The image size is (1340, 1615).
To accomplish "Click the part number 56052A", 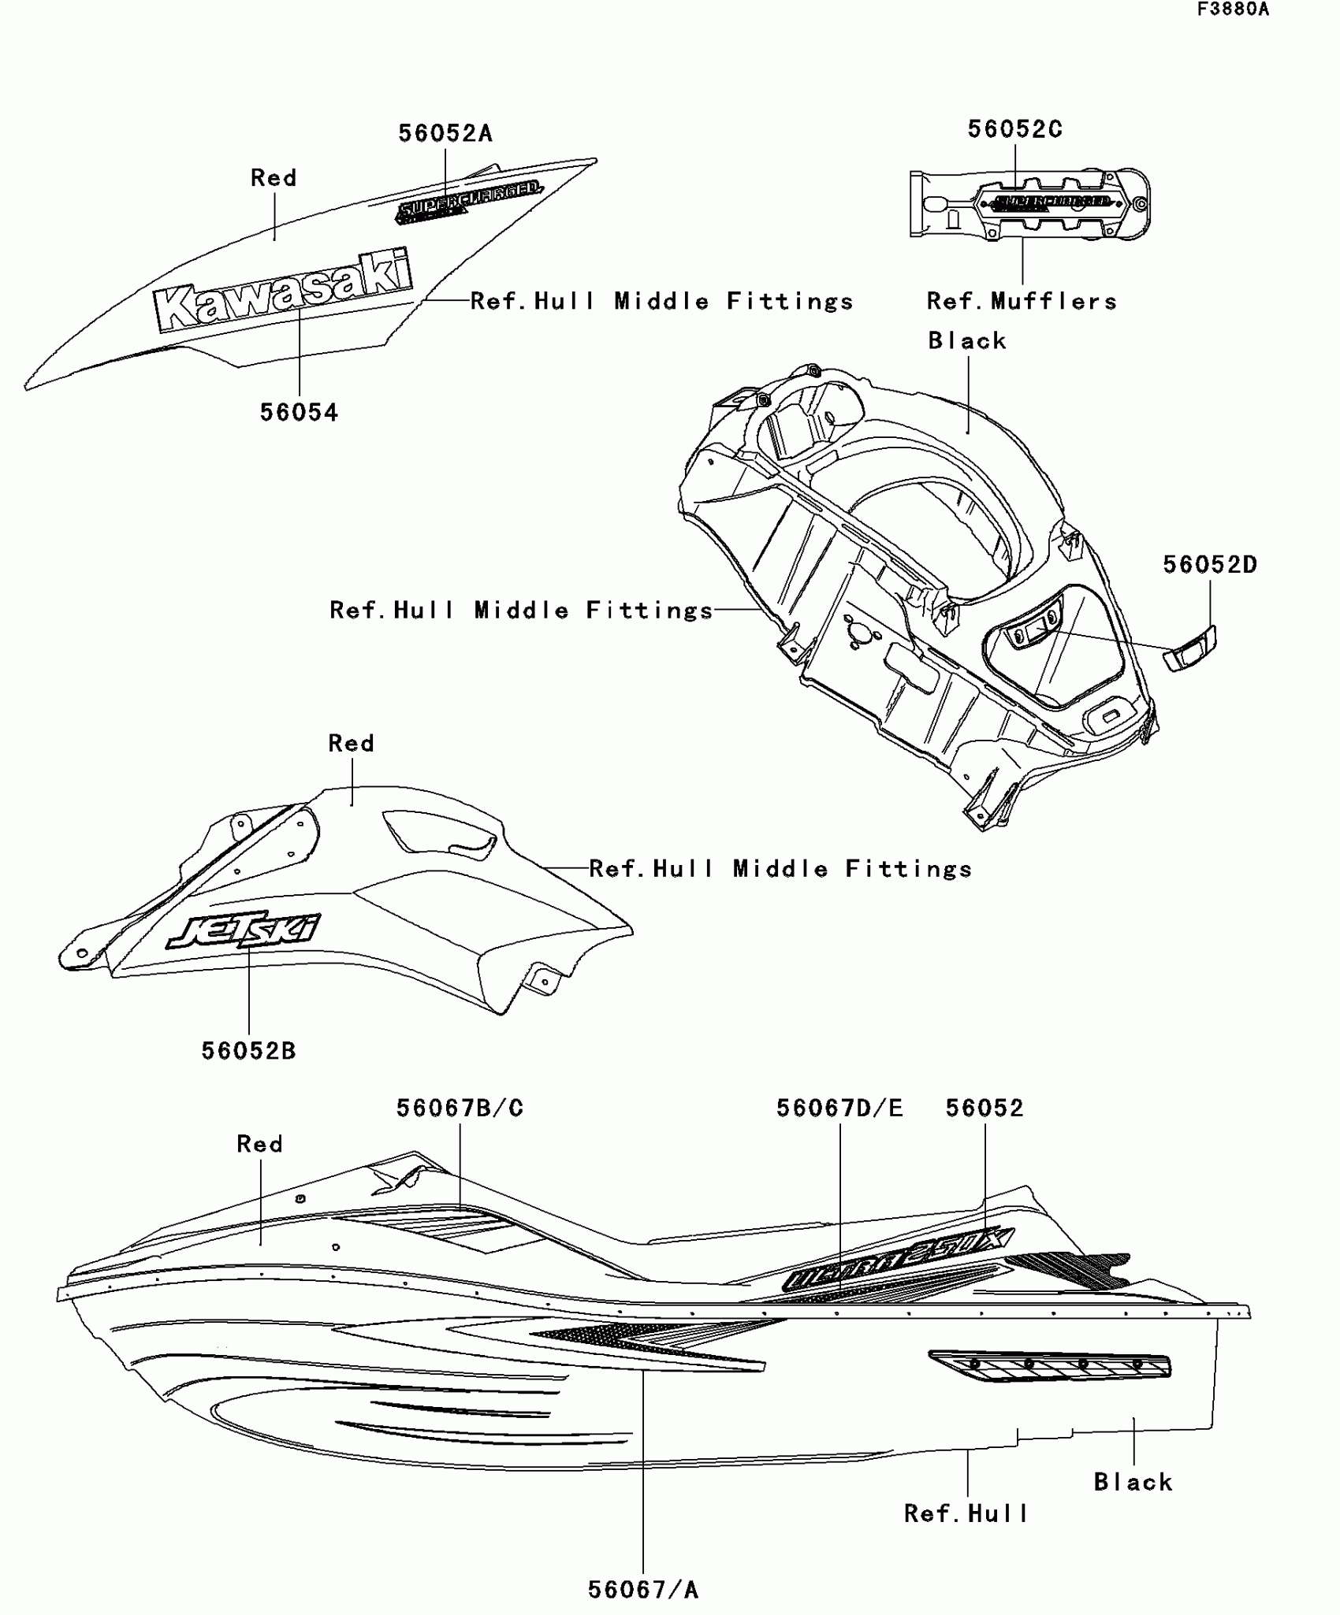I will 445,134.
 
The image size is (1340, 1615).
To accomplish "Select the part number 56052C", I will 1015,130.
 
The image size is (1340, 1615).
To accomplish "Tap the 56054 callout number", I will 300,413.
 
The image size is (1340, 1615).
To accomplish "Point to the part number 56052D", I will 1210,565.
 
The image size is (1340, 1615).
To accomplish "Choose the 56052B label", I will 248,1051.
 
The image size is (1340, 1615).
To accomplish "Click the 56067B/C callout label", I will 460,1108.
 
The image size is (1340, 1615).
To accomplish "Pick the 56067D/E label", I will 839,1108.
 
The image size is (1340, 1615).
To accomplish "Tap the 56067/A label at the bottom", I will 643,1591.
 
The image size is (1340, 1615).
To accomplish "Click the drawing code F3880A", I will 1234,9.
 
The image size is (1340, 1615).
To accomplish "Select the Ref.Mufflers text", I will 1022,302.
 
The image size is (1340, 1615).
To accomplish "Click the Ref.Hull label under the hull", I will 966,1513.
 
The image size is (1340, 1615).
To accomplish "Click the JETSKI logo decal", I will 243,930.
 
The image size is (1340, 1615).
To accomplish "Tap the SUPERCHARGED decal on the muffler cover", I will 1052,203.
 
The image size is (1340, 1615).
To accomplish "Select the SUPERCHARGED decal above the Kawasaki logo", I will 468,200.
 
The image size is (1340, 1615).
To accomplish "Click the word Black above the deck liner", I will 967,341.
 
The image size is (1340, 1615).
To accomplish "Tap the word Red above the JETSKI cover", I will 352,744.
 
